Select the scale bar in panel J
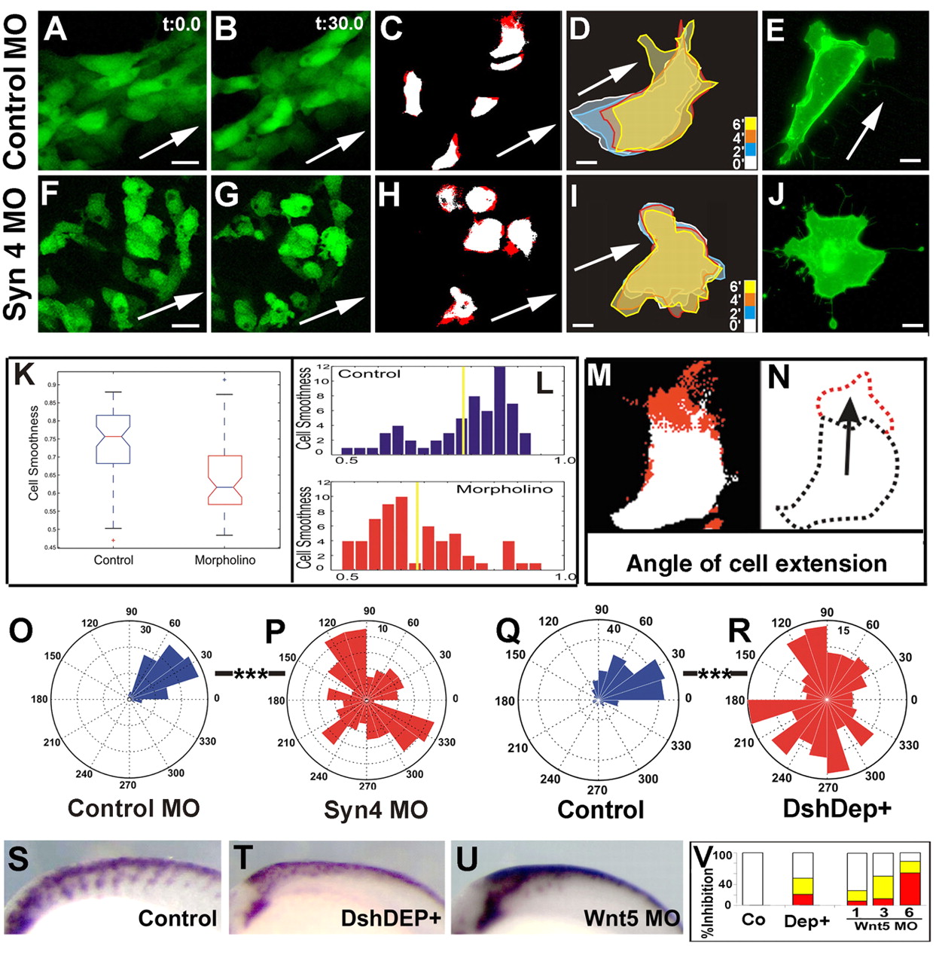point(912,325)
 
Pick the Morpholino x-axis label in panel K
point(225,560)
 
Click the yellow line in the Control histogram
point(463,410)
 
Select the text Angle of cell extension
point(756,564)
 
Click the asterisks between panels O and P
point(251,673)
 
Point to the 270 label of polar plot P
point(367,786)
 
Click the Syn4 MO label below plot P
point(376,810)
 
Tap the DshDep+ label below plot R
point(837,809)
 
